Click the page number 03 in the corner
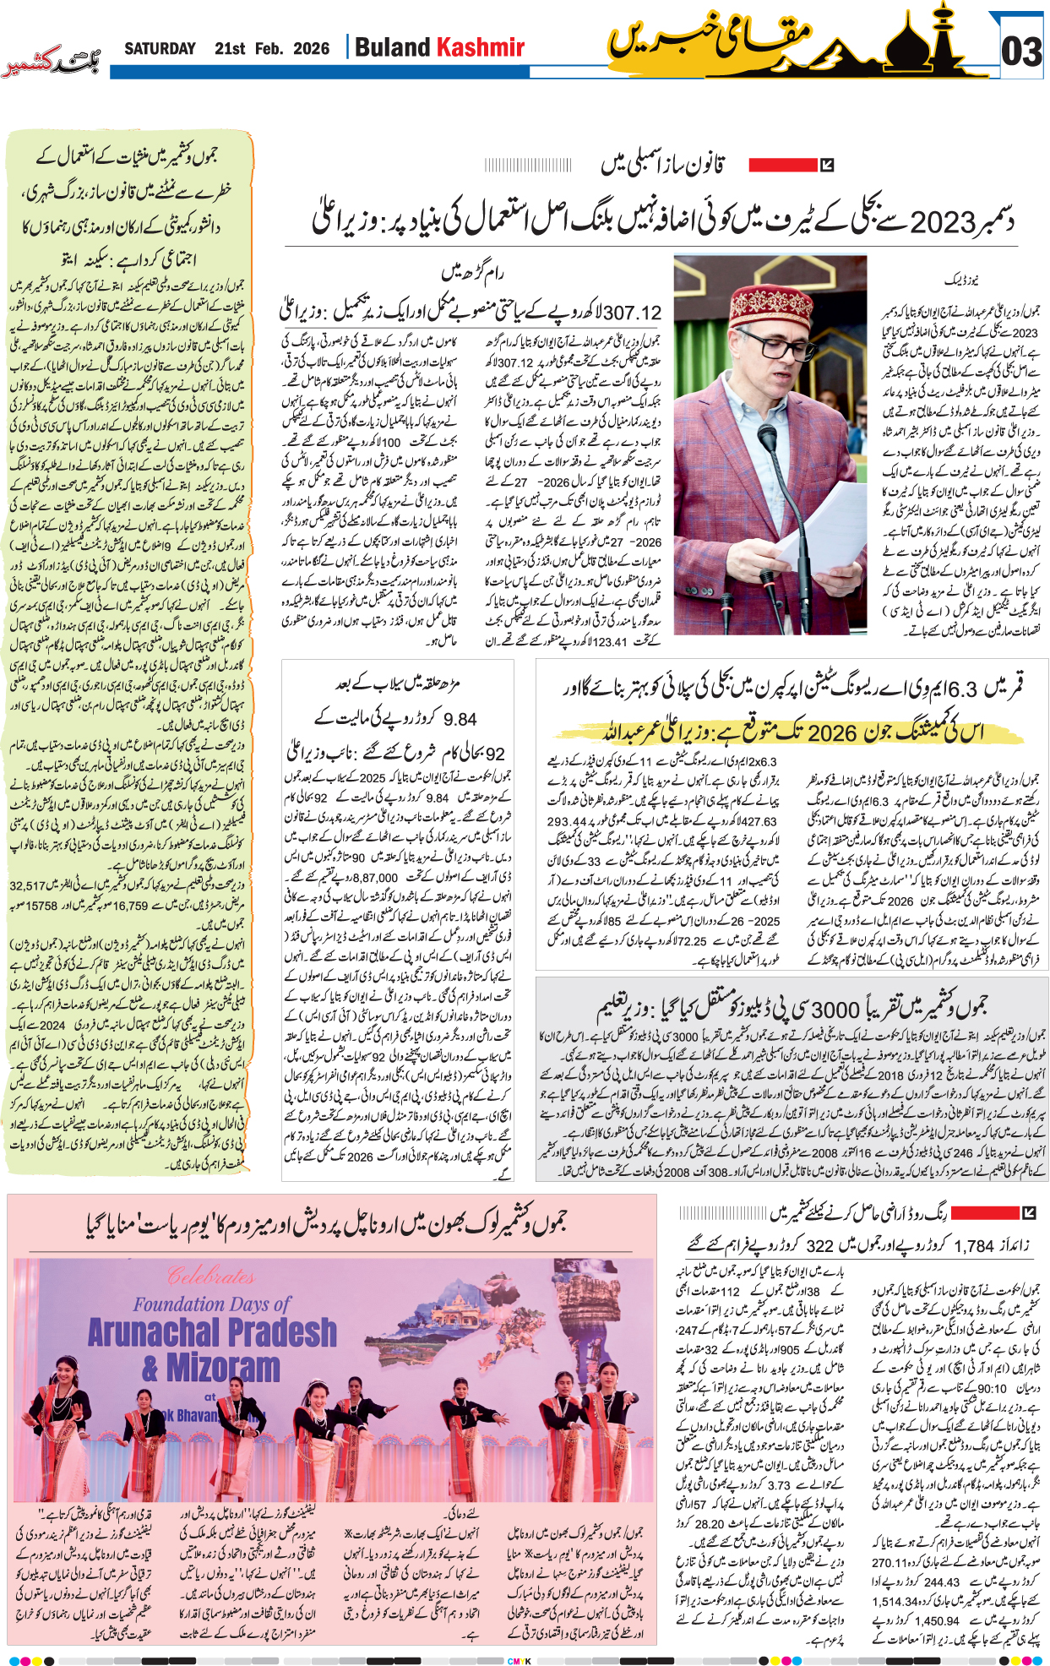click(1020, 52)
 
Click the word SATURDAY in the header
click(160, 49)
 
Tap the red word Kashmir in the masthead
click(480, 47)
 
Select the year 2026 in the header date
click(311, 49)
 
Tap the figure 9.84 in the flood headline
click(460, 720)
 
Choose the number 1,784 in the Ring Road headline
click(974, 1246)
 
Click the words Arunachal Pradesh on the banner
click(211, 1332)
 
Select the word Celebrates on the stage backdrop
click(211, 1276)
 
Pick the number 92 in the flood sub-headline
click(495, 754)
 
